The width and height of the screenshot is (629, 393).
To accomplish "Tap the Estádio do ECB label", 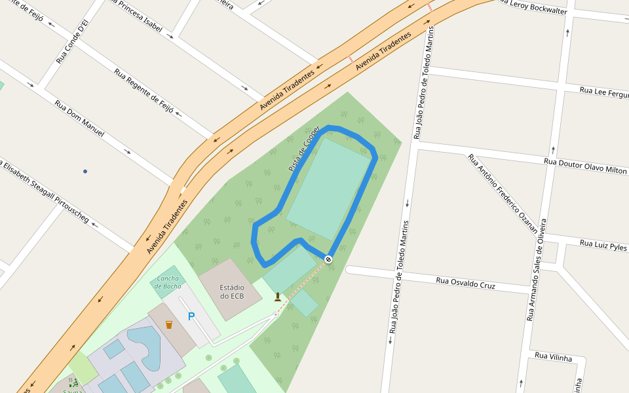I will [x=232, y=291].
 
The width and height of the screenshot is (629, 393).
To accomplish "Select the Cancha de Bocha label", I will [x=168, y=282].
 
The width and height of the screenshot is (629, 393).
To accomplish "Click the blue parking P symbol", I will [x=191, y=317].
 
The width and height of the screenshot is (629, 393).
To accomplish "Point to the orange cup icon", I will [x=169, y=324].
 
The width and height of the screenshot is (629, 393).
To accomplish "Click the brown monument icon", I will [x=278, y=297].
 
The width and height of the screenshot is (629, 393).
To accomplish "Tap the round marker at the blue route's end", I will [x=328, y=259].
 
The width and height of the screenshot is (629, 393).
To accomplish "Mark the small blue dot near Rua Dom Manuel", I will [x=85, y=172].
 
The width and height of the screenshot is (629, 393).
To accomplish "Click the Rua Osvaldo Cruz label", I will [x=466, y=283].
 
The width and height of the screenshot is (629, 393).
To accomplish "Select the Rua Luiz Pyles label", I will [x=603, y=246].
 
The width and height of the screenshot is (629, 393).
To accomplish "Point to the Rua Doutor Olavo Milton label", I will [x=585, y=166].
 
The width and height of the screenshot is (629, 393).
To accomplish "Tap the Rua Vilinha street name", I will [x=553, y=357].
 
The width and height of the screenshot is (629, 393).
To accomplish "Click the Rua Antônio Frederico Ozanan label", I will [x=502, y=193].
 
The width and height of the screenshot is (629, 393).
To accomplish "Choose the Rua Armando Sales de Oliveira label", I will [x=536, y=269].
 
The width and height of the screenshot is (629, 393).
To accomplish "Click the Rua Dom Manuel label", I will [x=79, y=118].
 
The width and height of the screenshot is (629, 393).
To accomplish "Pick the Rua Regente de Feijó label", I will [x=143, y=90].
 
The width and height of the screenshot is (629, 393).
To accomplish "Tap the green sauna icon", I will [x=74, y=382].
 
